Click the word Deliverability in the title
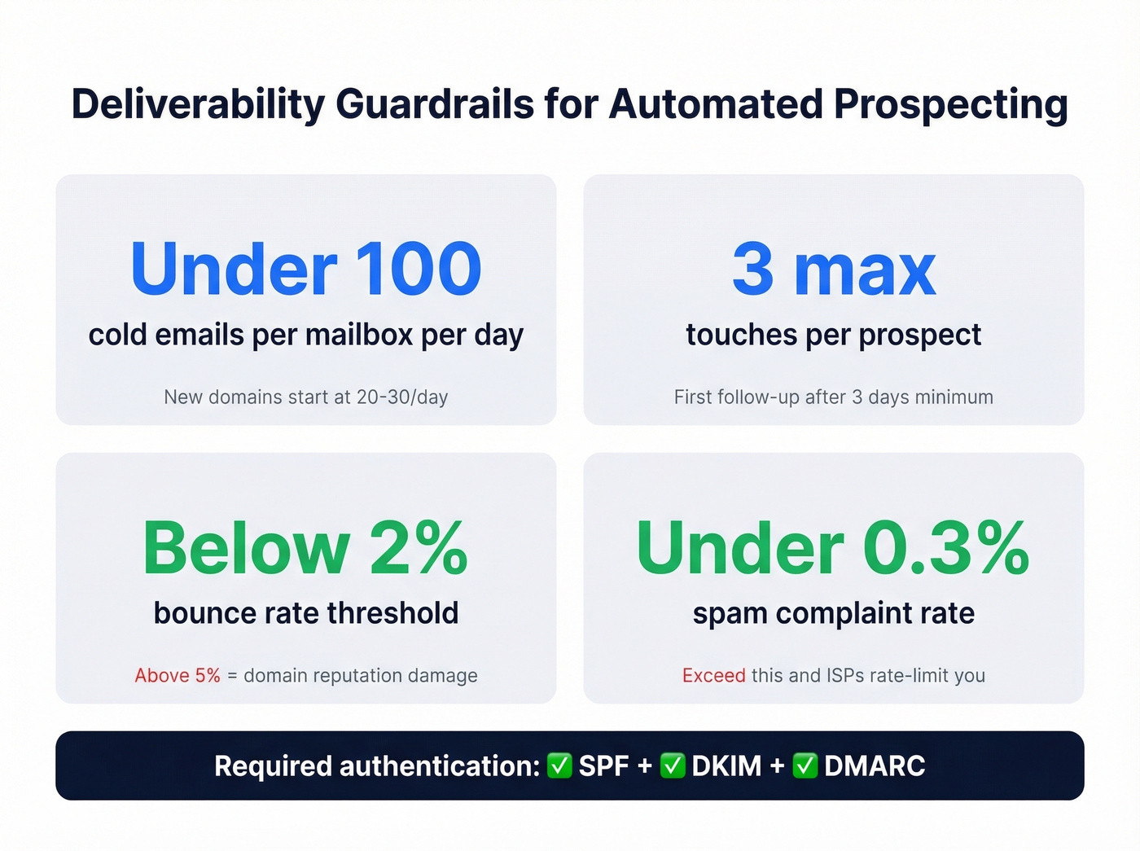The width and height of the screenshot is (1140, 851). [198, 105]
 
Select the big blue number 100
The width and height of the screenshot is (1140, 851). [419, 269]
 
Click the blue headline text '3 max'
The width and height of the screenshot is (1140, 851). [834, 269]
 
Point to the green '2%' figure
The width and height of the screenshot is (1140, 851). [419, 548]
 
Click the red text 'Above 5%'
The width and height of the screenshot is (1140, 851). [178, 675]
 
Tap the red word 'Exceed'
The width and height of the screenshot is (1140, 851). [713, 675]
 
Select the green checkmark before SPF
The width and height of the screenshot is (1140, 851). [559, 765]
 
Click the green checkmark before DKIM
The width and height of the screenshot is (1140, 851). [673, 765]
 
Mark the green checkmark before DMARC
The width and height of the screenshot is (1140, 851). [805, 765]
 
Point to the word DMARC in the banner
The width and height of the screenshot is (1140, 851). [875, 765]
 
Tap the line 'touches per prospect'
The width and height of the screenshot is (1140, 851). [834, 335]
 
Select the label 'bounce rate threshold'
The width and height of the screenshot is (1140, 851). [306, 613]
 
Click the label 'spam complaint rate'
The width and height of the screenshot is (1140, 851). [834, 613]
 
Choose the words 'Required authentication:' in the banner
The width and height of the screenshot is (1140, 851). [377, 765]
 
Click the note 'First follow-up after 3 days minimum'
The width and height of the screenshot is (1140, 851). [834, 397]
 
